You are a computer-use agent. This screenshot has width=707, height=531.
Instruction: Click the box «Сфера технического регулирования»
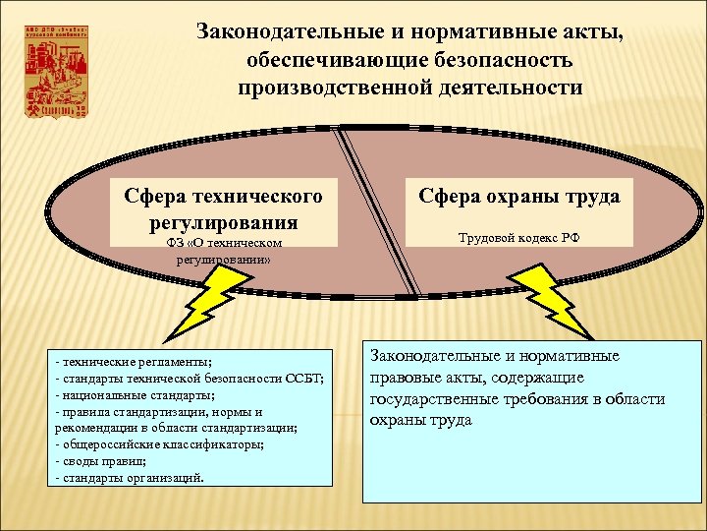[224, 208]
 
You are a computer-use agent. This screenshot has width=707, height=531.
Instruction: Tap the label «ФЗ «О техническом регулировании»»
[224, 252]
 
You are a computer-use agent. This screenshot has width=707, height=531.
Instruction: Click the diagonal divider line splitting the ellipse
[381, 210]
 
